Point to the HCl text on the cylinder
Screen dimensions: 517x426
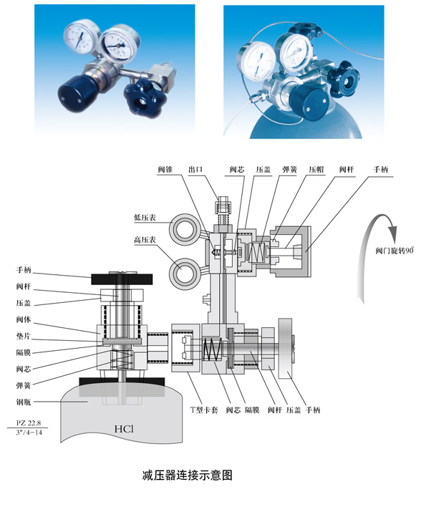[126, 430]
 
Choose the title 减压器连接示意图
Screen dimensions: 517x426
[188, 475]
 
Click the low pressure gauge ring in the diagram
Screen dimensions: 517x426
[184, 230]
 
